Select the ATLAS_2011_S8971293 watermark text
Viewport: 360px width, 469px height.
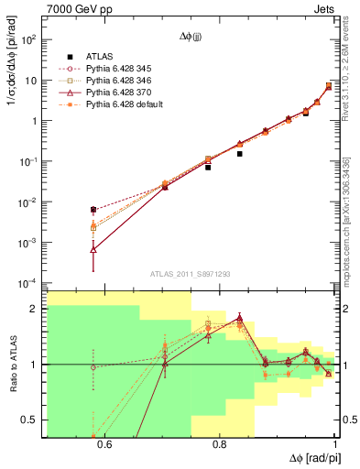(x=189, y=274)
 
